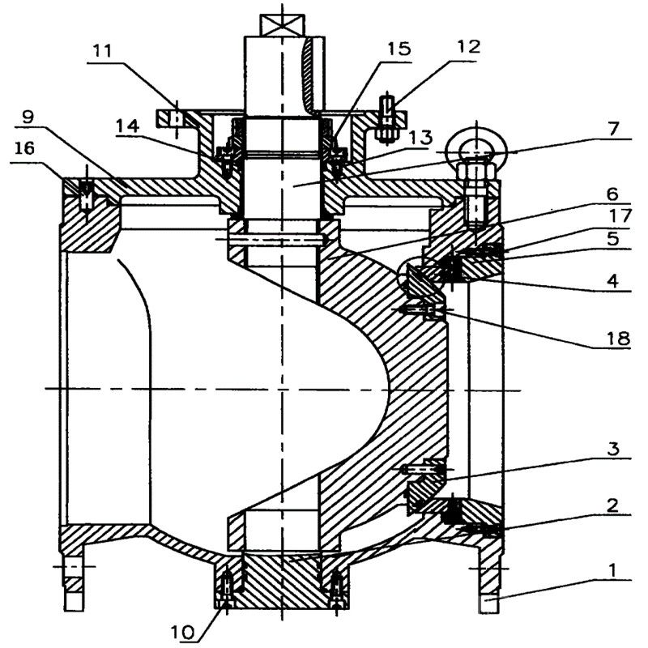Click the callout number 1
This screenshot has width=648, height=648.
click(x=613, y=570)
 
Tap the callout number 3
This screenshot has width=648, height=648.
click(x=613, y=447)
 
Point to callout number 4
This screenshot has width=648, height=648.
click(x=613, y=281)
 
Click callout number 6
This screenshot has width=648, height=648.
click(x=613, y=194)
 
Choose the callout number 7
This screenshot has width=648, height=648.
click(x=613, y=127)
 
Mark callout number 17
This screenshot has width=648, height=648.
click(x=613, y=217)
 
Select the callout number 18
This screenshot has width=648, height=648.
click(x=613, y=340)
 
